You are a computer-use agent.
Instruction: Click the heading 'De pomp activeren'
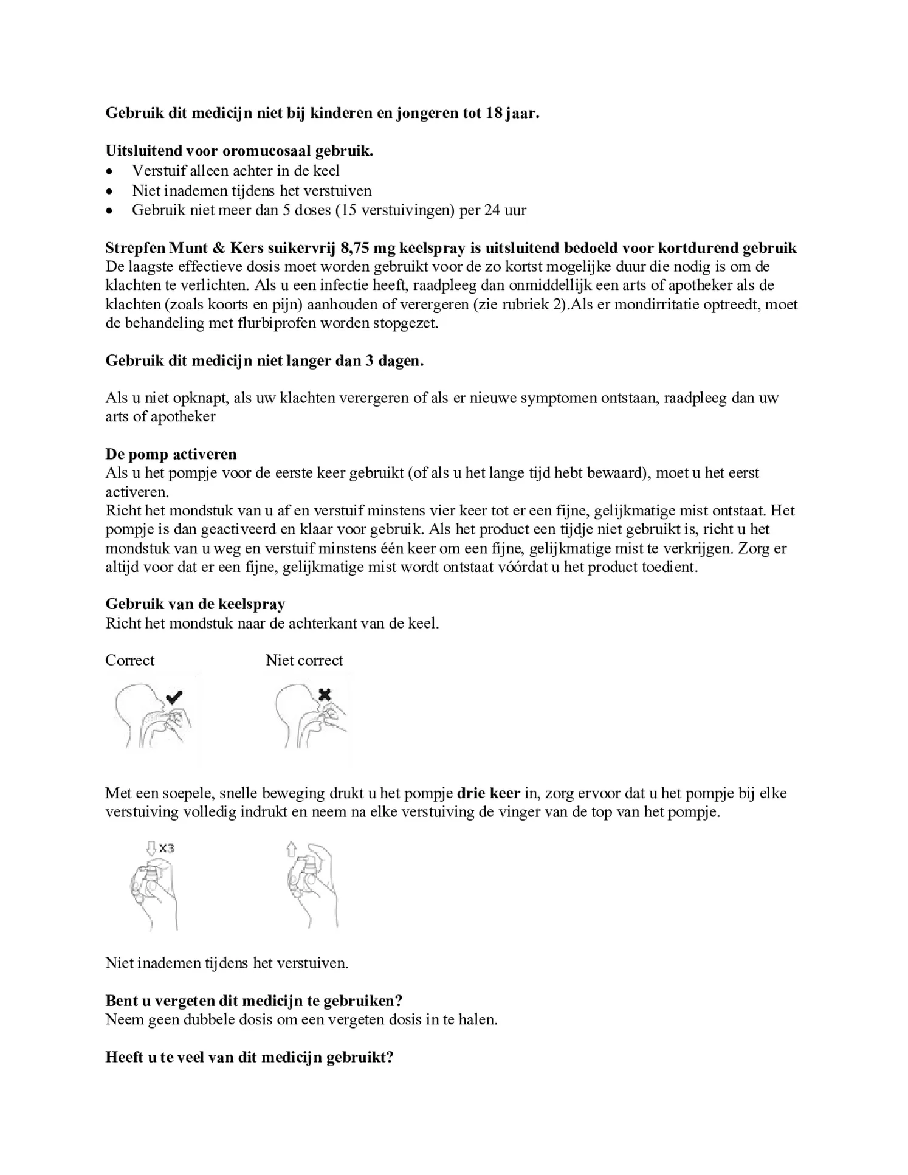click(x=171, y=454)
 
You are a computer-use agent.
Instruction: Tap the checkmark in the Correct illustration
click(x=174, y=697)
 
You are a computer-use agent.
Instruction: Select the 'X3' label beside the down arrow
click(x=166, y=848)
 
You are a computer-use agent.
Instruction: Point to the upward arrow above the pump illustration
click(x=291, y=849)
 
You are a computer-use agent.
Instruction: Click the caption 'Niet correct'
click(x=304, y=660)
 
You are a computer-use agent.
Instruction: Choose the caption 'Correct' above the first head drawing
click(x=129, y=660)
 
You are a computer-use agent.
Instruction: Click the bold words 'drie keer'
click(x=488, y=793)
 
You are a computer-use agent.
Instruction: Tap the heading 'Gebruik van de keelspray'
click(x=195, y=604)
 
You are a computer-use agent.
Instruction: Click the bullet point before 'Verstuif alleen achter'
click(x=109, y=171)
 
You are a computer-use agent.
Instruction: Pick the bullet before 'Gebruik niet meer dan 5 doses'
click(x=109, y=211)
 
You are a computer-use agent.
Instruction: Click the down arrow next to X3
click(x=151, y=848)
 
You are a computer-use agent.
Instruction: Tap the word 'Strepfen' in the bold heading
click(x=135, y=248)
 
